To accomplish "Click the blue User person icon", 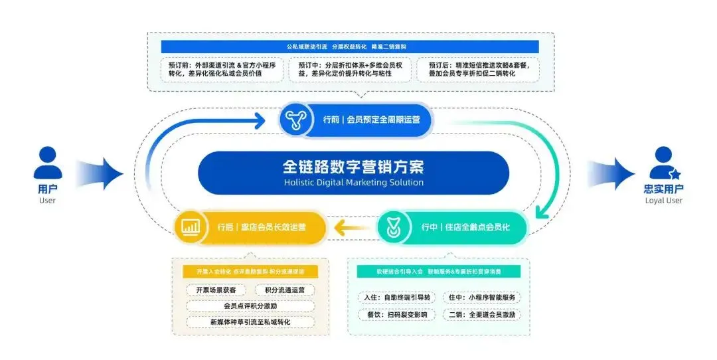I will (47, 163).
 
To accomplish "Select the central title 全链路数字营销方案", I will (353, 165).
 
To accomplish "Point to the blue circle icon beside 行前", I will (294, 120).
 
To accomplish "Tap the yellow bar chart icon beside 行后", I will (191, 226).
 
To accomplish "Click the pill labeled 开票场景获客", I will (216, 290).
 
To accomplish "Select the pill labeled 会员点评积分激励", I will (250, 306).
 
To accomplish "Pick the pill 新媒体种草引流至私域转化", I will (250, 321).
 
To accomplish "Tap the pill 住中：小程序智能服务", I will (482, 298).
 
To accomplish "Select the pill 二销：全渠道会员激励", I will (482, 315).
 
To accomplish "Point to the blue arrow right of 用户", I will (100, 174).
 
